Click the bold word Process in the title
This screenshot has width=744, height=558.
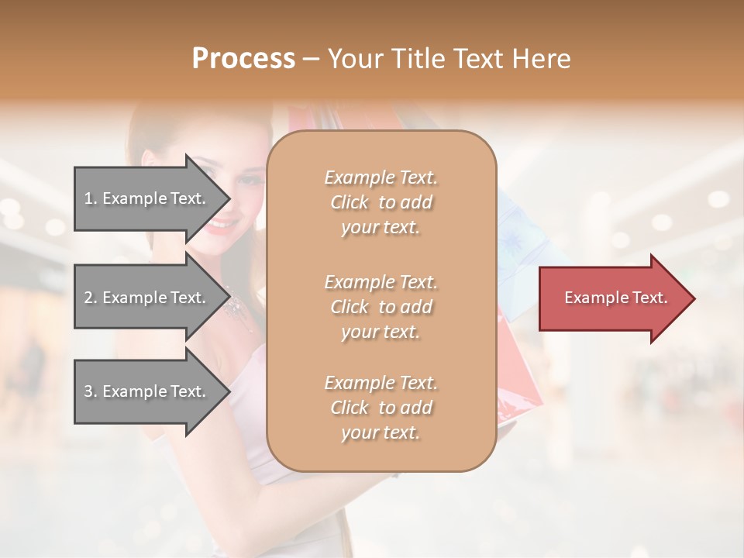click(243, 59)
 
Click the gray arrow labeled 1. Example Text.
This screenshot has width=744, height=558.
click(147, 198)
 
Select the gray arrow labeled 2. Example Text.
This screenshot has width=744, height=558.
click(147, 298)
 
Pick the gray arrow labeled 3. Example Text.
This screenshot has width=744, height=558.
click(147, 391)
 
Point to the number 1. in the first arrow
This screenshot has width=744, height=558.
click(90, 198)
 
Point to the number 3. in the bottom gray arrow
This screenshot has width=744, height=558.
click(90, 391)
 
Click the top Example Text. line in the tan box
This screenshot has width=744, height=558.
click(381, 177)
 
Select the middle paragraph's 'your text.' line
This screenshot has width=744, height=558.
click(381, 332)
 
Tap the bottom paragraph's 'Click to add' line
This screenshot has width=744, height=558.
click(381, 408)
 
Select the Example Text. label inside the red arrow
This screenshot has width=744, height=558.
click(615, 298)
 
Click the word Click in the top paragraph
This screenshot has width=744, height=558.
click(350, 202)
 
